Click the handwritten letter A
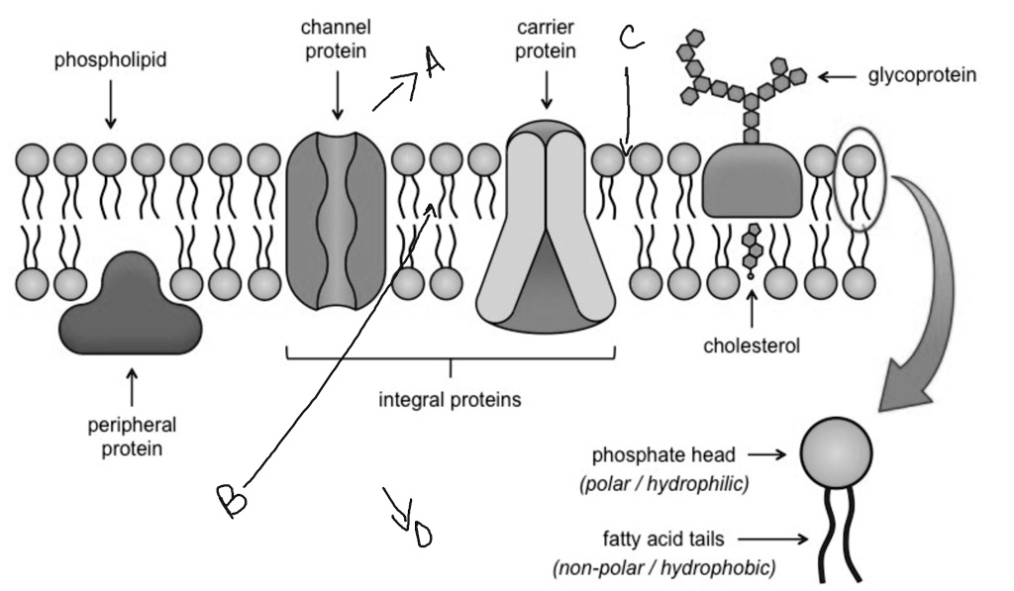click(432, 63)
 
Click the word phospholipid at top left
click(110, 60)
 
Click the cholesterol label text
click(751, 345)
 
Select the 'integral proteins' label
click(451, 401)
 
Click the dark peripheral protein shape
click(132, 306)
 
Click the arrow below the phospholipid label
click(110, 107)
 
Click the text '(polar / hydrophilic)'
click(662, 485)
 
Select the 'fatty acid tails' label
click(662, 540)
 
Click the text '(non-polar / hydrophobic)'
click(664, 568)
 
